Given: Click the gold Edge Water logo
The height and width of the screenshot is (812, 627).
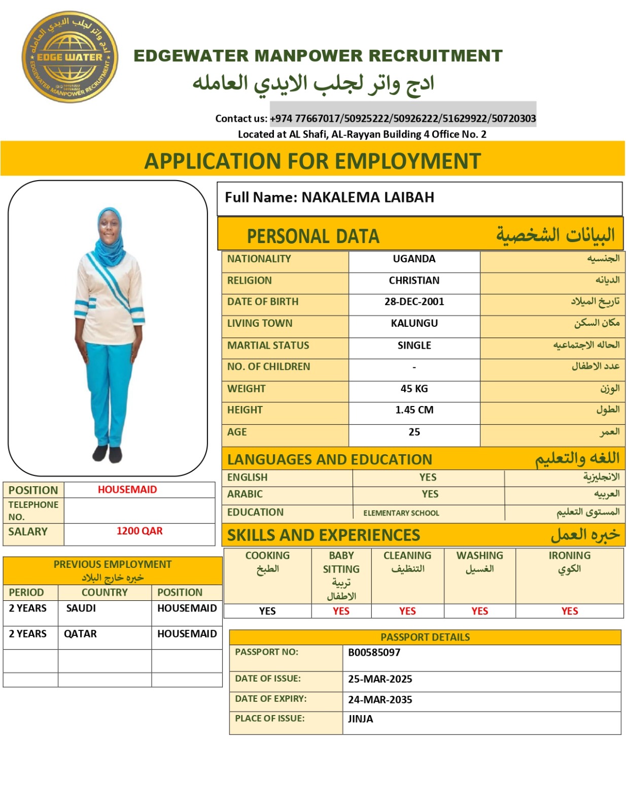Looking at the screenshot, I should [69, 57].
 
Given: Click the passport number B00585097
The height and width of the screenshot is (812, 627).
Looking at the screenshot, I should [374, 653].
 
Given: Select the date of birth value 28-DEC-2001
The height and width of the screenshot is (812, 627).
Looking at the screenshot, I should [414, 302].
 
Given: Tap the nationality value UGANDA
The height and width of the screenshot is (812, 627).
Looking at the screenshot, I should [414, 259].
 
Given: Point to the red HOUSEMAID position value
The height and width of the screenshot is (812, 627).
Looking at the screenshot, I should [127, 490].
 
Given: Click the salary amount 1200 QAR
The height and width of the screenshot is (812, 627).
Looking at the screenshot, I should [140, 531].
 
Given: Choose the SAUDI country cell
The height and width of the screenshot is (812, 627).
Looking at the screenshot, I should [81, 608].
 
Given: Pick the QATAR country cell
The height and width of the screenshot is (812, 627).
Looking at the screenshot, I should [80, 634].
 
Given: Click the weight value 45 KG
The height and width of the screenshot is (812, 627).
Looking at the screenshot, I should [414, 389].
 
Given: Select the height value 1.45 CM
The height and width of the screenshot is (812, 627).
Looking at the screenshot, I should [414, 410].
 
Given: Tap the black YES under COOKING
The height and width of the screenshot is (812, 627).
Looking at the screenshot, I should [267, 611].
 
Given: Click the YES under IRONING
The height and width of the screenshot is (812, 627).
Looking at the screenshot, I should [569, 611].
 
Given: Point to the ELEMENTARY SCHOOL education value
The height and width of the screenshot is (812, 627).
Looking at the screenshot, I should [401, 513].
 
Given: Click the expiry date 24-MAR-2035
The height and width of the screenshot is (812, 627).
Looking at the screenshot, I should [380, 700].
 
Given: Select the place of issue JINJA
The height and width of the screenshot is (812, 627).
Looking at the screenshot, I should [360, 719].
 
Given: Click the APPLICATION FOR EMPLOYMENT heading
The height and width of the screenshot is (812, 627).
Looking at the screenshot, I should [312, 161].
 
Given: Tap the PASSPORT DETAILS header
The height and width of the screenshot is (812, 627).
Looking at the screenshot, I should [425, 637].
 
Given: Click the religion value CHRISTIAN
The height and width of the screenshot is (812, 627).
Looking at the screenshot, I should [414, 281].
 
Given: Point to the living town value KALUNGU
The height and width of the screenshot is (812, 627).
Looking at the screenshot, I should [414, 323].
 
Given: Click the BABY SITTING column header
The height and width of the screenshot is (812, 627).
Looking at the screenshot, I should [341, 563].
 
